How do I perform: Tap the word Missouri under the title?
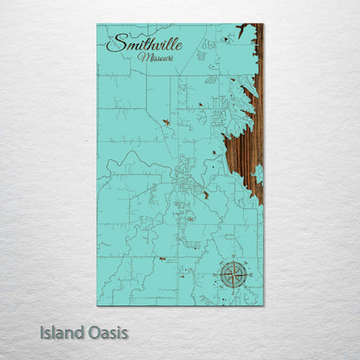coord(154,57)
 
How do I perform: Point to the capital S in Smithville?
coord(113,42)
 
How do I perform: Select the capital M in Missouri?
coord(141,57)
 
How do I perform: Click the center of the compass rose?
coord(232,274)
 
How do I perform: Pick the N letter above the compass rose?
coord(232,258)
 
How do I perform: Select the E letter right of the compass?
coord(248,274)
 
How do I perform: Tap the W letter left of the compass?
coord(215,274)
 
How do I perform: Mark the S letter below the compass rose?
coord(232,291)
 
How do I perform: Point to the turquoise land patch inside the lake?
coord(257,173)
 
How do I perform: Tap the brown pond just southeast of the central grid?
coord(206,196)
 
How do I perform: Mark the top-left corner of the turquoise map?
coord(98,25)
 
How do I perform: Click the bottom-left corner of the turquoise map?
coord(98,305)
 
